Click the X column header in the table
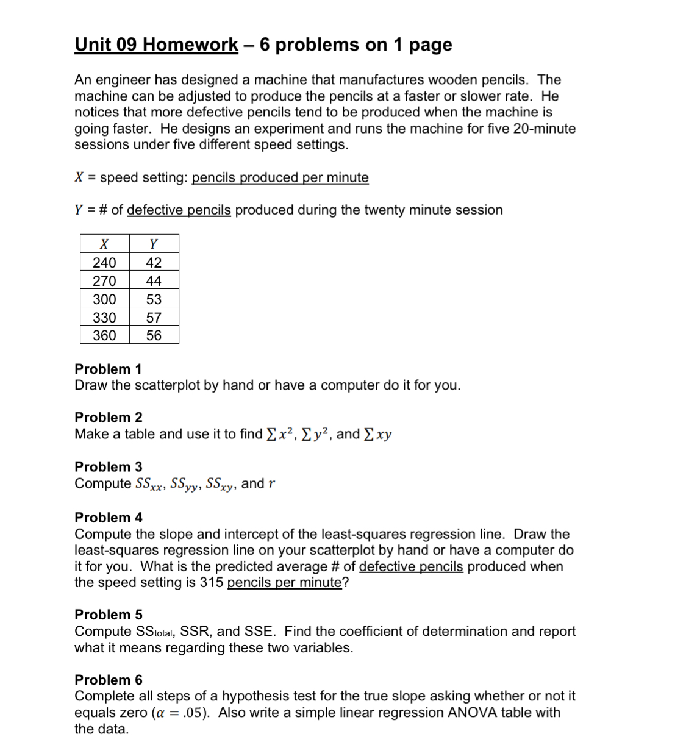(104, 244)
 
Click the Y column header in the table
(154, 244)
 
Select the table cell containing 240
(104, 263)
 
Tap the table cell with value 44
(154, 281)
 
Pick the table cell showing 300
(104, 299)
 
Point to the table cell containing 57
(154, 318)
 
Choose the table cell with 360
(104, 335)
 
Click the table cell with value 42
(154, 263)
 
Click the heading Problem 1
(108, 369)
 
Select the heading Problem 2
(109, 418)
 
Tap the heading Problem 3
(109, 467)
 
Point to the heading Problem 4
(109, 518)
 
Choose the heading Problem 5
(109, 615)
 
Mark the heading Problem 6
(109, 680)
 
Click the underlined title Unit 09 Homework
(156, 45)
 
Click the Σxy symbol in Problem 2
(377, 434)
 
